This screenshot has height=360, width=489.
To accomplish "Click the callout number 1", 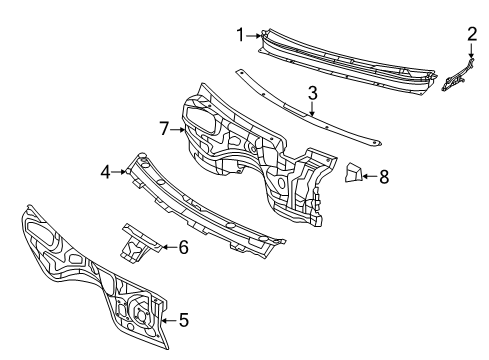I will point(240,35).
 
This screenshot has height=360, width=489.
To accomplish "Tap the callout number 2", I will point(472,34).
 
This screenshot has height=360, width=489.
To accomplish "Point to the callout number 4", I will point(106,172).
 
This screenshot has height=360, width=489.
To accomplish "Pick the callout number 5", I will point(182,321).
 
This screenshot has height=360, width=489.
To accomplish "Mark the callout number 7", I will point(165,127).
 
